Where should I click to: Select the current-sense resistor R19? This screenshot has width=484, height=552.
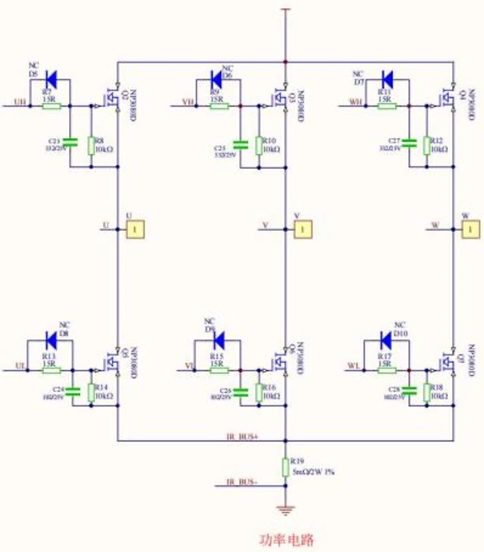285,467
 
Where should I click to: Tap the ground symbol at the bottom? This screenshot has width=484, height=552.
285,510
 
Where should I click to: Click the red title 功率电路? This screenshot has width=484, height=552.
285,539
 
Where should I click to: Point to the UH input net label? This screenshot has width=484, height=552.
20,101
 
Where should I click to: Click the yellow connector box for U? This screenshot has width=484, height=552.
135,231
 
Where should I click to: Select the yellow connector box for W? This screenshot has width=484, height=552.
470,230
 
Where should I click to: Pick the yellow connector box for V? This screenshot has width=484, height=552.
302,231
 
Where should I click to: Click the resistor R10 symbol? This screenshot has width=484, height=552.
259,145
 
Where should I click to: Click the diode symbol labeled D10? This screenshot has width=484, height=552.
387,339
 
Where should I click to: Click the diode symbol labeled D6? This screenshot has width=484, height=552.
218,79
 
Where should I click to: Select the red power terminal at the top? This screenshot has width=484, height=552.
285,10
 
